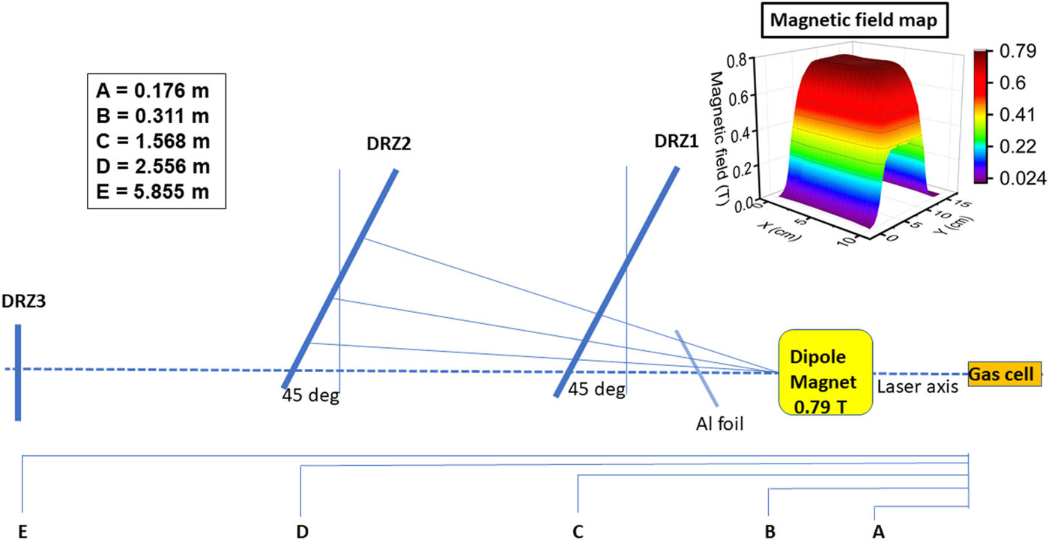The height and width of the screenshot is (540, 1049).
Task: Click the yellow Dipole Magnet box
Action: click(825, 372)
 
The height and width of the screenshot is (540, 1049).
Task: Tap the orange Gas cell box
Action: click(1005, 373)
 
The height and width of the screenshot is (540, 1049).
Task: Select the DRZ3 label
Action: click(23, 301)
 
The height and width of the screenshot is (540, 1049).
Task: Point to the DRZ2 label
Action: click(389, 143)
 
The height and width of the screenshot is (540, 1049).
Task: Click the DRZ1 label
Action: click(676, 141)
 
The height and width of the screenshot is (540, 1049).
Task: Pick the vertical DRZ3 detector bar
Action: click(18, 372)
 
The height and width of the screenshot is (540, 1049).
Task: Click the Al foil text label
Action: click(720, 424)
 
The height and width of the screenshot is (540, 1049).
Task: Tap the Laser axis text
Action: click(917, 387)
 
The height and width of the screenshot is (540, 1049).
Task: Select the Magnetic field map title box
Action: click(855, 20)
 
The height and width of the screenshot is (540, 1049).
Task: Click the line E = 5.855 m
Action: click(153, 192)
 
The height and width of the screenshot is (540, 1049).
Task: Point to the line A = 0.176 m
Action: click(153, 91)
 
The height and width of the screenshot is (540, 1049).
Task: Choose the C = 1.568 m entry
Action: click(153, 141)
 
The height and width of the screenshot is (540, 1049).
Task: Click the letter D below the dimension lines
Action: click(303, 532)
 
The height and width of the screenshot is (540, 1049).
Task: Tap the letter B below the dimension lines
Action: click(770, 532)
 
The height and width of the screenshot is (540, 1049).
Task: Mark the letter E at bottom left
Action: click(22, 532)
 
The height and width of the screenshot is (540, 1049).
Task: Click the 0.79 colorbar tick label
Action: click(1018, 51)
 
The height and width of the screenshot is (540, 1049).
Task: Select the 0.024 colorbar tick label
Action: click(1023, 178)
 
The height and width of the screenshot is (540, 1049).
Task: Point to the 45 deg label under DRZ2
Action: click(310, 395)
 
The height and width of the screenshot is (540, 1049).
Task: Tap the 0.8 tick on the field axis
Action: click(737, 61)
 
